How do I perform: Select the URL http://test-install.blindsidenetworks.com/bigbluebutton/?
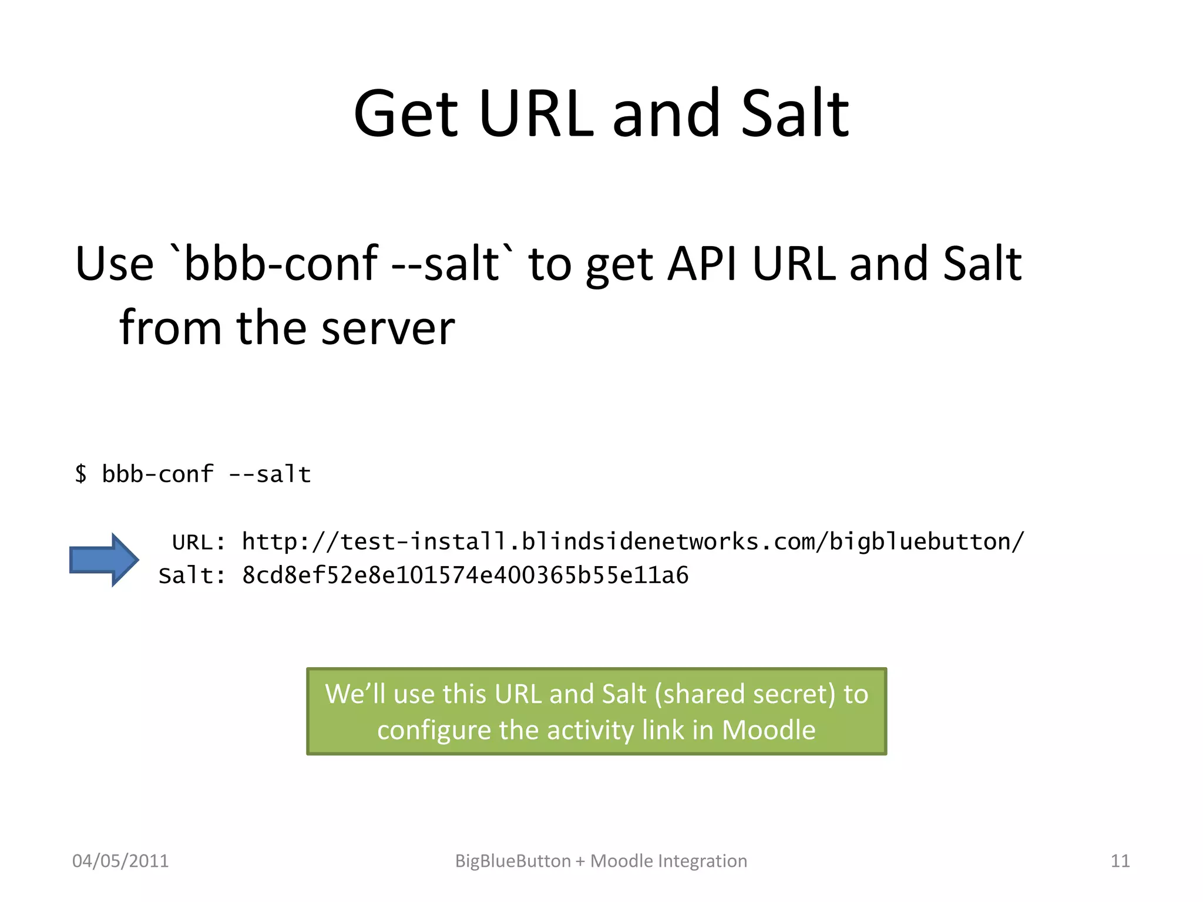[x=633, y=541]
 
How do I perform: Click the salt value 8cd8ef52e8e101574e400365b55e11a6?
[x=465, y=575]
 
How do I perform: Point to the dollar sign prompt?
[x=81, y=474]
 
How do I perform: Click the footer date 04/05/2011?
[x=120, y=861]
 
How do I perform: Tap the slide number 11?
[x=1120, y=861]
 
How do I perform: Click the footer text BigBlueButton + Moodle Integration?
[x=601, y=861]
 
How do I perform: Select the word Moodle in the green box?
[x=768, y=730]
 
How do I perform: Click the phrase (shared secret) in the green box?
[x=745, y=694]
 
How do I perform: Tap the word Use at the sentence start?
[x=115, y=264]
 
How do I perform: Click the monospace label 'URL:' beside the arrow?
[x=199, y=542]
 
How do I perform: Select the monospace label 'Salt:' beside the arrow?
[x=191, y=575]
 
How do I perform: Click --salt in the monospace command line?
[x=270, y=474]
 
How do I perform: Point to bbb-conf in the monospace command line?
[x=157, y=474]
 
